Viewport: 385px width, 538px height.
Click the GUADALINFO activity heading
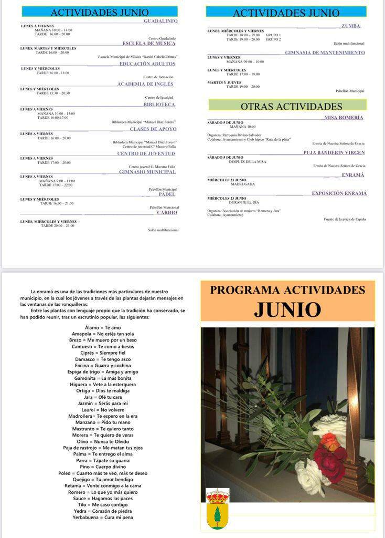pos(161,21)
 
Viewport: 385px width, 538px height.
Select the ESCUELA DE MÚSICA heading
pos(148,44)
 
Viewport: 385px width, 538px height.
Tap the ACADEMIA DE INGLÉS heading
pos(145,84)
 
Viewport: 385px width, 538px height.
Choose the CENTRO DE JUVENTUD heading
pos(146,153)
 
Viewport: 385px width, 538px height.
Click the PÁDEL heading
pos(167,194)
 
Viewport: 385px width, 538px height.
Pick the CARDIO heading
pos(167,213)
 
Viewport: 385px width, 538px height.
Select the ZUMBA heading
pos(350,26)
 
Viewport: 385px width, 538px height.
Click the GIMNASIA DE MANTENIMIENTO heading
pos(325,53)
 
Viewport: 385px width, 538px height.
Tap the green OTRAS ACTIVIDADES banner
pos(287,106)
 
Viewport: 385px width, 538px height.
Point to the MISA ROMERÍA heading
pos(344,118)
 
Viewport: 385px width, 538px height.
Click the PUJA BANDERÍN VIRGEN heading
pos(334,153)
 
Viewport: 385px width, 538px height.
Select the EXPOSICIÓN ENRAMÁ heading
pos(339,193)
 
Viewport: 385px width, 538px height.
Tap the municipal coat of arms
pos(217,508)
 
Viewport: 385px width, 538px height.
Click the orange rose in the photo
pos(330,441)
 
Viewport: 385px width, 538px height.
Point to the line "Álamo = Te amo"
pos(103,328)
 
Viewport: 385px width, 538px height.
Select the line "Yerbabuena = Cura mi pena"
pos(103,518)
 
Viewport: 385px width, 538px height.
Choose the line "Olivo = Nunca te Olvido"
pos(103,441)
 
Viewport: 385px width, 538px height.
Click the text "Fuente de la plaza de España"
pos(344,219)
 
